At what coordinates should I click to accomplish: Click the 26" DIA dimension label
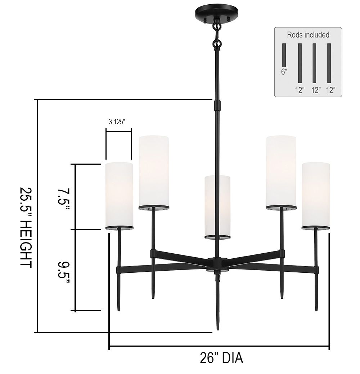coord(221,358)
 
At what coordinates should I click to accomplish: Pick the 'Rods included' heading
coord(308,35)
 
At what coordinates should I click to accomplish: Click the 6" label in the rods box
coord(284,71)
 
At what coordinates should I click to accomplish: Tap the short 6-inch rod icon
coord(284,55)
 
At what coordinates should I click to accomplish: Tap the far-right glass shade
coord(316,195)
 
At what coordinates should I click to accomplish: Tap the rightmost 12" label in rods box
coord(330,90)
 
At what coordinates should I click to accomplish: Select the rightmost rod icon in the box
coord(329,63)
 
